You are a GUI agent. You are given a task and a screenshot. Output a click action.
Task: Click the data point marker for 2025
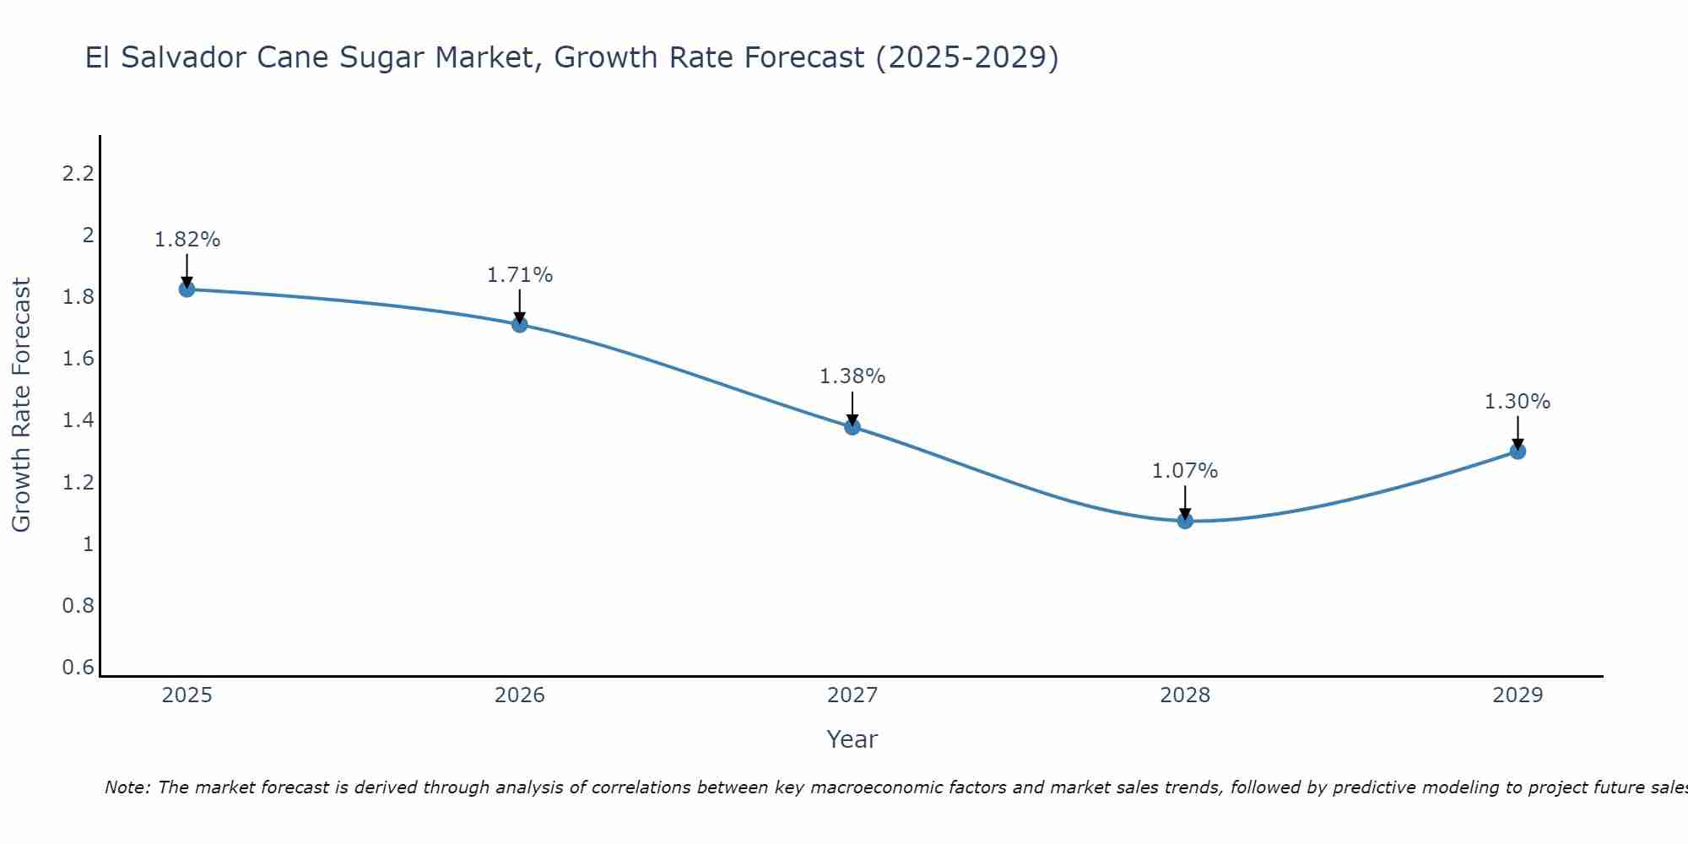187,289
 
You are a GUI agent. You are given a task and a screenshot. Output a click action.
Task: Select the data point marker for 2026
520,324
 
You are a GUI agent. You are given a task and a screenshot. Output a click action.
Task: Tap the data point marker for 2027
852,427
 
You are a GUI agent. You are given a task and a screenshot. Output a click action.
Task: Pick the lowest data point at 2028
1185,521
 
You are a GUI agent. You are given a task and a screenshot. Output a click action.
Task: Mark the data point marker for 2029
1518,452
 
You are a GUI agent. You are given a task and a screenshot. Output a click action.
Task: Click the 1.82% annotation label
187,240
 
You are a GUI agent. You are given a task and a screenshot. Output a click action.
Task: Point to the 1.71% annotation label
520,275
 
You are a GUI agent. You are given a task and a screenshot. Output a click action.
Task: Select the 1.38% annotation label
852,376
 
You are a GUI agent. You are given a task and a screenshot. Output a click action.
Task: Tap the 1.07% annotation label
1185,471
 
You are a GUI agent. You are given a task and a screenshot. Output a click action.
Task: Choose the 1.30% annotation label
1518,402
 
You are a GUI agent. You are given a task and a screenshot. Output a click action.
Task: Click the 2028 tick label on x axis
1185,695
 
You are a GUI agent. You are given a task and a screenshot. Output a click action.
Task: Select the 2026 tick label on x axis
520,695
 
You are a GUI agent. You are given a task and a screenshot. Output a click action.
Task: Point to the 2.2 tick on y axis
78,174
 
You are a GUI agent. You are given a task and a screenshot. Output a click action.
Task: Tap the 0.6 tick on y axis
78,668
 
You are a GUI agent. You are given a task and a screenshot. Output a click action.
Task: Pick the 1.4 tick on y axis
78,420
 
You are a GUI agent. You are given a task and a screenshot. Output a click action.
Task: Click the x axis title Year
852,739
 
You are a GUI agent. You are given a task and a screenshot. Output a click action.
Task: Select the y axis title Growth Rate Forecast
21,405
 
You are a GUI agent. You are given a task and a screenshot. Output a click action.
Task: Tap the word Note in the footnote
127,787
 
